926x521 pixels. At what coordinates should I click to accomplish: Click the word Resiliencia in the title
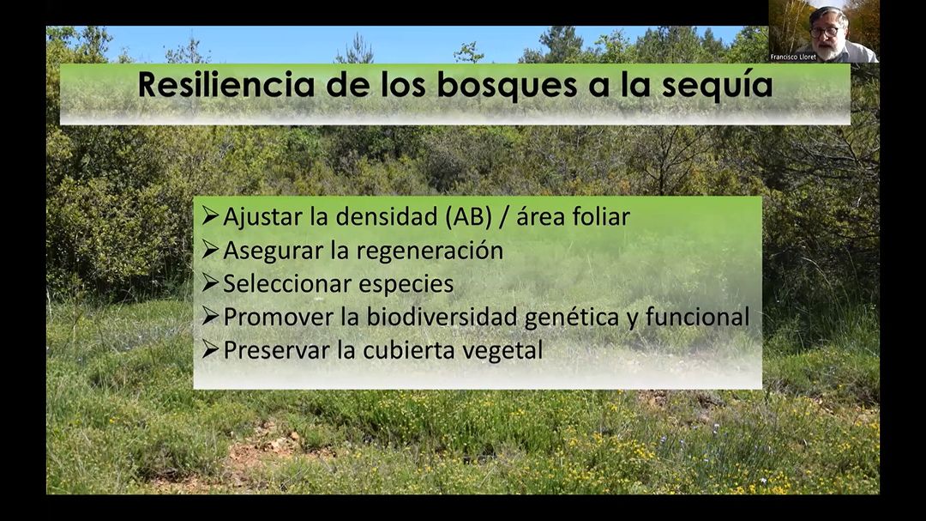226,84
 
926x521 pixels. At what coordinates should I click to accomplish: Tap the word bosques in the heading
506,85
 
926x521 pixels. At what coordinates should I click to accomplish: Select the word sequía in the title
717,86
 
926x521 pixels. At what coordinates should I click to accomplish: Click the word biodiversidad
442,317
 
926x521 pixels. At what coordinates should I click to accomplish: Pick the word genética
572,318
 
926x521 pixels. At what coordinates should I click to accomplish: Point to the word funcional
697,317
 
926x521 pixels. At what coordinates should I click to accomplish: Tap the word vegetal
502,351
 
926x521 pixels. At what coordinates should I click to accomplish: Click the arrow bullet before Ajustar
210,215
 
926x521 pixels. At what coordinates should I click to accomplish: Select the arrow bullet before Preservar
210,349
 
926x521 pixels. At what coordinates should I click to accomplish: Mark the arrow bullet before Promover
210,316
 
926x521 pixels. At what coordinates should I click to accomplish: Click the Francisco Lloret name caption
793,58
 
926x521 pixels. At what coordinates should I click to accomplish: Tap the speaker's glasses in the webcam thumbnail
826,31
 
